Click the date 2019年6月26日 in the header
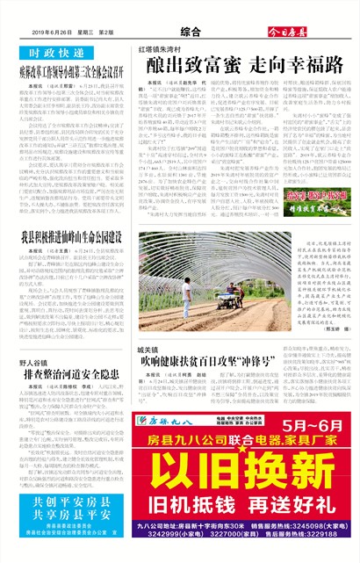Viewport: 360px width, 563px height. point(34,32)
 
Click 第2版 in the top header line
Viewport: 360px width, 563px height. point(104,32)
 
